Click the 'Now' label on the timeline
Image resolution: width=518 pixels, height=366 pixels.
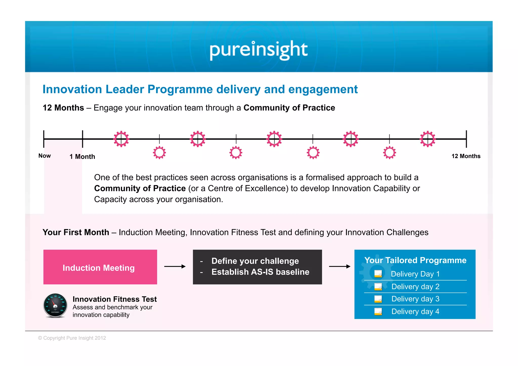click(x=45, y=156)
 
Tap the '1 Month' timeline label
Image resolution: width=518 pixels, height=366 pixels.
click(x=82, y=157)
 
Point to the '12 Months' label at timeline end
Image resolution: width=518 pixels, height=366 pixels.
click(x=466, y=156)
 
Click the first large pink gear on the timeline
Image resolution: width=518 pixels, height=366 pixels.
click(x=121, y=139)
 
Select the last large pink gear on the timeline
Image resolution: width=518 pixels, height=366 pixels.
click(x=427, y=139)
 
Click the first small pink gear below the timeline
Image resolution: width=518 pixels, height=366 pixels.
click(x=159, y=153)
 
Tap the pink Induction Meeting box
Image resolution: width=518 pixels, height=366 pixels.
click(x=100, y=267)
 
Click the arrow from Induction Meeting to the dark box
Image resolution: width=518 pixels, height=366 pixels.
click(x=175, y=266)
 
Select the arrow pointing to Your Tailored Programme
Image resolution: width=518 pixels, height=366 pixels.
click(x=339, y=266)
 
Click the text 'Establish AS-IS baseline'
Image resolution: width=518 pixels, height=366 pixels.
click(x=260, y=272)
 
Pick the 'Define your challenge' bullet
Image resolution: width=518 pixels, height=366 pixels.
click(x=255, y=261)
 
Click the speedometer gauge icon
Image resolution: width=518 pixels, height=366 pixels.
click(x=55, y=305)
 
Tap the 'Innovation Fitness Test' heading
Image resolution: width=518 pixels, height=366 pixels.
click(x=115, y=299)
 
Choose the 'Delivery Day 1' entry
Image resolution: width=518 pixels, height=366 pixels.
click(x=415, y=274)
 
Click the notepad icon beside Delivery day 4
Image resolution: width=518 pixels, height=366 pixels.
click(x=378, y=311)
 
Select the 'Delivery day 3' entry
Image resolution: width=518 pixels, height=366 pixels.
click(x=415, y=299)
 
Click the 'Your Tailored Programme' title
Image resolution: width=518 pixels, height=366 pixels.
click(x=415, y=260)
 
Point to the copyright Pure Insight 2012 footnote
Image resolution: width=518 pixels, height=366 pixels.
click(x=72, y=338)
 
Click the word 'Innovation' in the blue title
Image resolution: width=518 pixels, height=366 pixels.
click(x=72, y=89)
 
